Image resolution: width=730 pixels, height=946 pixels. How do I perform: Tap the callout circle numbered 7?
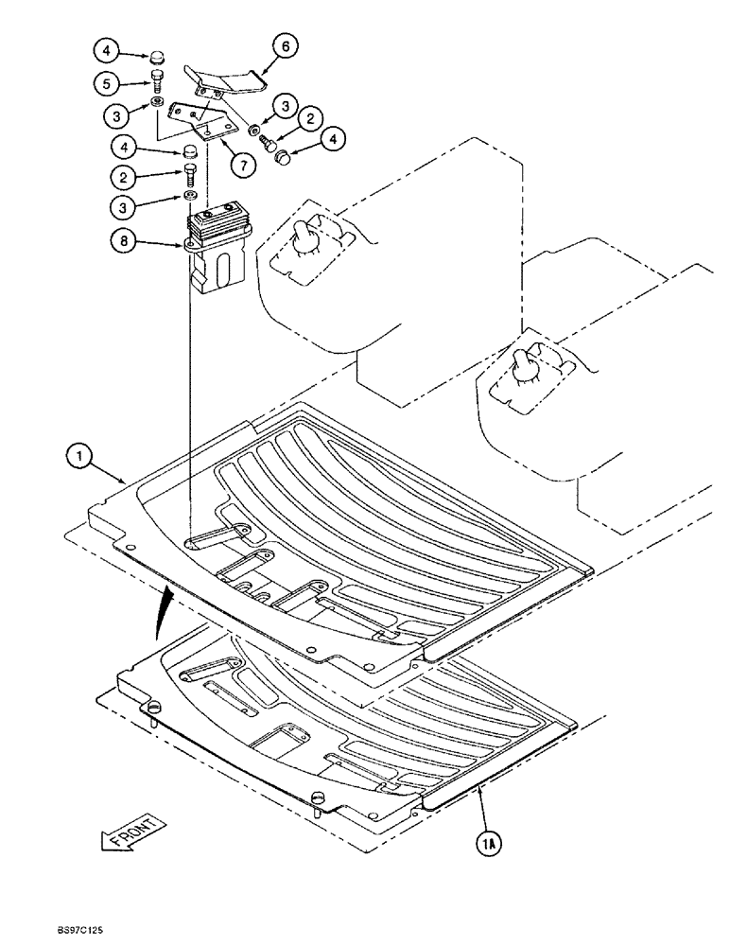[243, 165]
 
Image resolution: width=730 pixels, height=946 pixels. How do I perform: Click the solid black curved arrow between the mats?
[165, 609]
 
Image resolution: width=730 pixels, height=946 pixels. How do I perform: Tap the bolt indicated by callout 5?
[159, 80]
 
